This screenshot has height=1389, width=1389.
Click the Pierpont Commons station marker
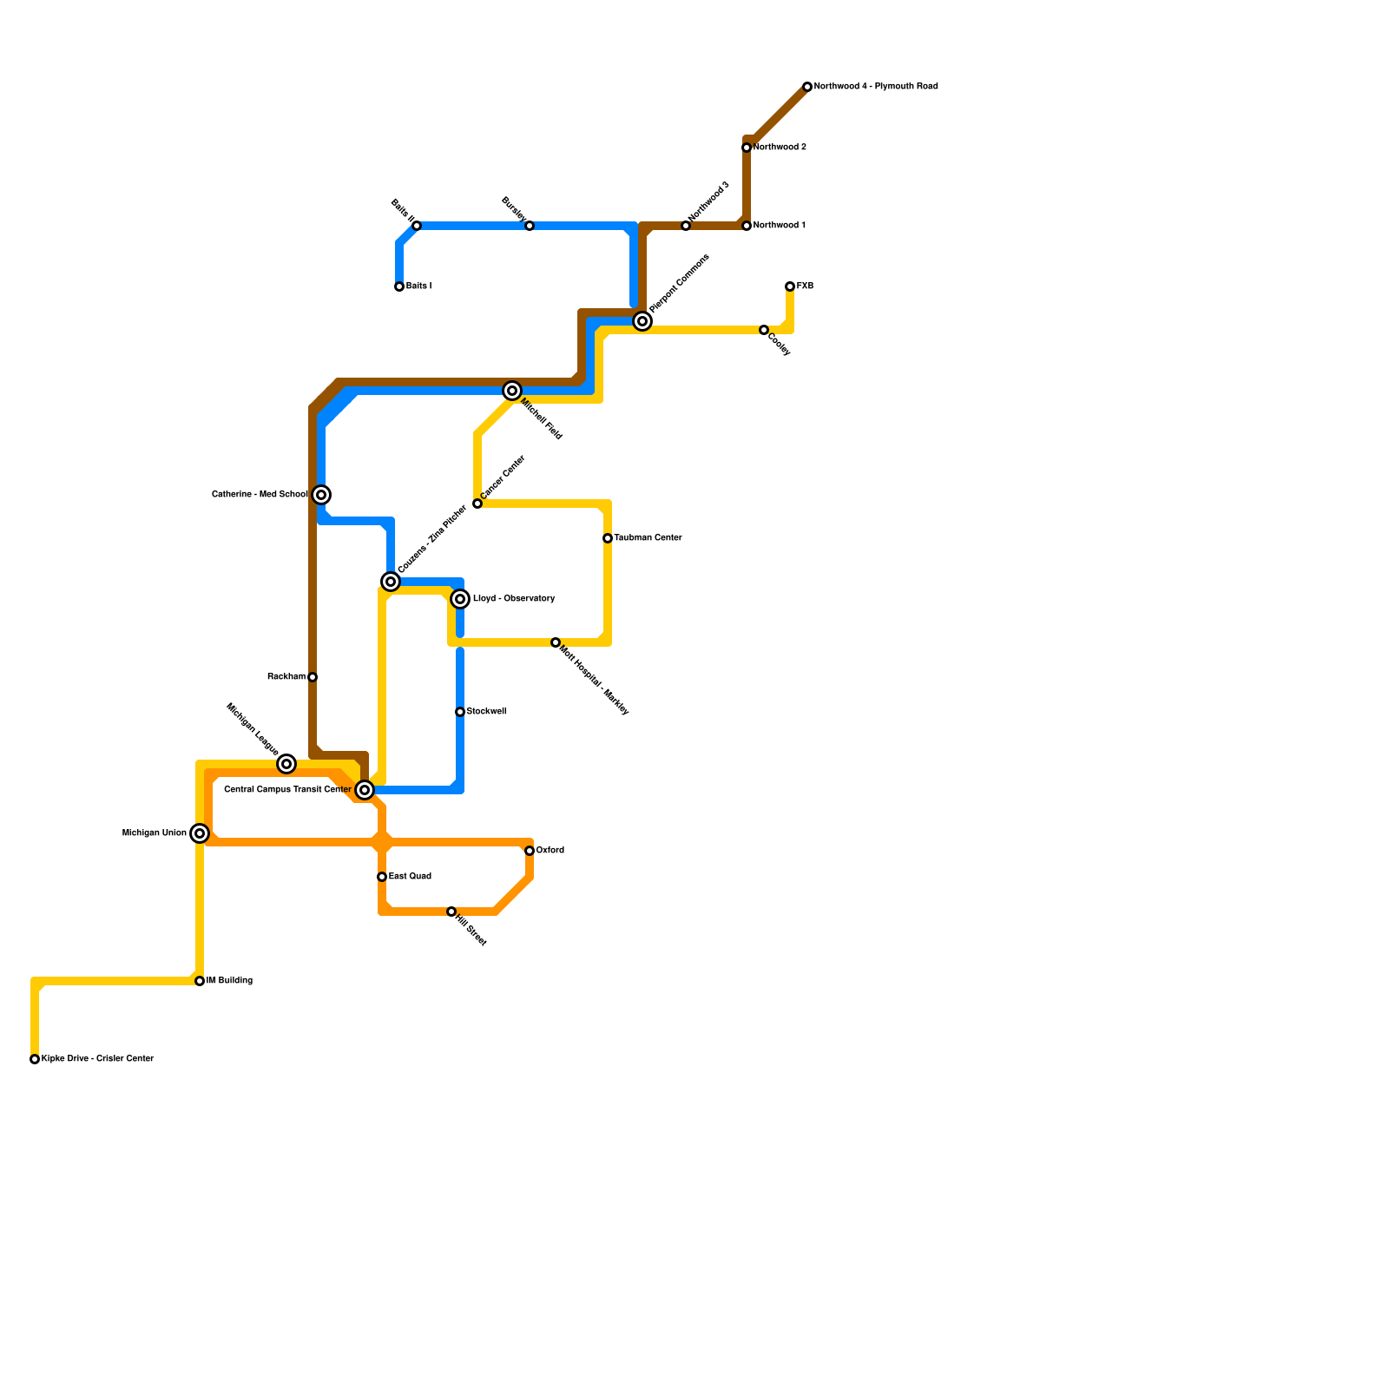click(642, 321)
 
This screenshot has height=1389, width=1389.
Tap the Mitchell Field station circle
click(512, 391)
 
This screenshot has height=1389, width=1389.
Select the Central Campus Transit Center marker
click(365, 790)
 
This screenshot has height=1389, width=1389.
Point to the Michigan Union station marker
click(200, 833)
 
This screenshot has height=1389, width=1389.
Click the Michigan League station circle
click(286, 764)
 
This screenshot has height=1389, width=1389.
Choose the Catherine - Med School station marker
click(321, 495)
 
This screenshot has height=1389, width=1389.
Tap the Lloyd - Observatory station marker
click(460, 599)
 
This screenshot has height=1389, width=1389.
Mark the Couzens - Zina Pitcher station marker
click(391, 582)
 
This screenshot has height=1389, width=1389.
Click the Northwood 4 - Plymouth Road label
click(875, 87)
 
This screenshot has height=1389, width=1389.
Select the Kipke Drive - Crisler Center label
click(97, 1059)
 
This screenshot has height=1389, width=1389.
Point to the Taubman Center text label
click(648, 538)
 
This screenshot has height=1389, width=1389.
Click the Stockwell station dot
click(460, 712)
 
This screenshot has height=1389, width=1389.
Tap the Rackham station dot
click(313, 677)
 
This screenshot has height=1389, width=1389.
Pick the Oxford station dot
click(530, 851)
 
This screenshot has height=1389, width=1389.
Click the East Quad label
click(410, 877)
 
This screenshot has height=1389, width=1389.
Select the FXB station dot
click(790, 286)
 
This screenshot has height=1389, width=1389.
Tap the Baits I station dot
click(399, 286)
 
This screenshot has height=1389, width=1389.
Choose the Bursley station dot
click(530, 226)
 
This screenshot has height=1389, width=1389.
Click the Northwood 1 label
click(779, 226)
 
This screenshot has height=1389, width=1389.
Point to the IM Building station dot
click(200, 981)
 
